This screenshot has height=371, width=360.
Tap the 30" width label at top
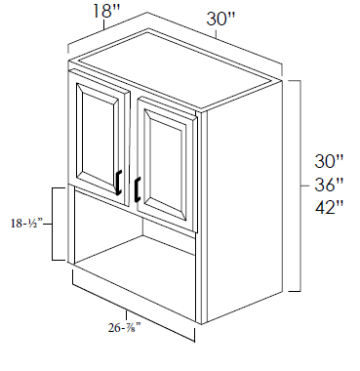click(x=220, y=19)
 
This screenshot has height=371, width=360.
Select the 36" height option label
click(x=329, y=185)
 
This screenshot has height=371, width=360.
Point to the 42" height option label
click(x=329, y=207)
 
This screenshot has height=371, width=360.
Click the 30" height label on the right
click(x=329, y=161)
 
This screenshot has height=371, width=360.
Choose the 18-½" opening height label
click(x=27, y=224)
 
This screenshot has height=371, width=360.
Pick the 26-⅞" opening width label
click(x=125, y=328)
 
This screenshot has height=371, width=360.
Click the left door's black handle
click(x=119, y=183)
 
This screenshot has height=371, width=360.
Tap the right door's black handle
click(x=138, y=189)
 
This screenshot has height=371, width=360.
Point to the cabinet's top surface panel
click(x=176, y=69)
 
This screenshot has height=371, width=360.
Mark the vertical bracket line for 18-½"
click(x=54, y=224)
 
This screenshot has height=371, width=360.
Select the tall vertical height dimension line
click(x=300, y=185)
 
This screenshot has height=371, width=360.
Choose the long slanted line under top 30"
click(x=215, y=38)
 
